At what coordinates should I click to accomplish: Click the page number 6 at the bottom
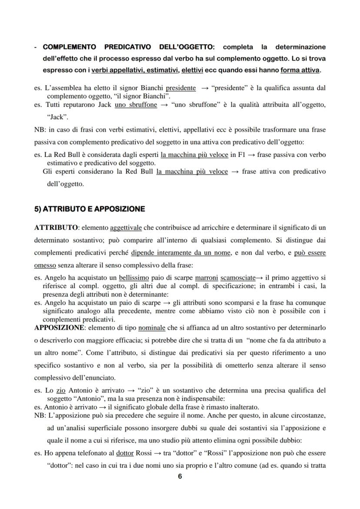point(180,476)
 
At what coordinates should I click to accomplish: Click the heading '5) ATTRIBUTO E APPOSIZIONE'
point(89,209)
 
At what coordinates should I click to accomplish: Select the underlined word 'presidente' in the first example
point(180,88)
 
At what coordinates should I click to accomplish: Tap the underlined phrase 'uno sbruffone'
point(136,105)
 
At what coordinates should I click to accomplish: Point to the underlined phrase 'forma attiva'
point(300,70)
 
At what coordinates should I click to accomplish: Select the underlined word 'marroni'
point(207,277)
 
